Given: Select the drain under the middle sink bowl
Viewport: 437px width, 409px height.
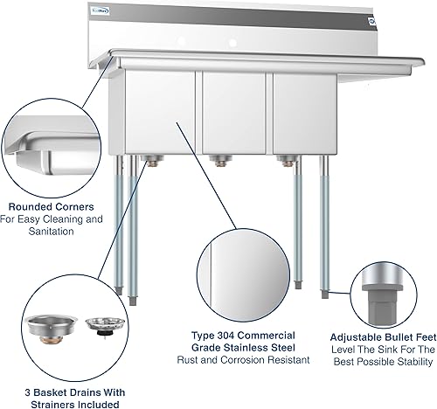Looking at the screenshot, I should pos(218,159).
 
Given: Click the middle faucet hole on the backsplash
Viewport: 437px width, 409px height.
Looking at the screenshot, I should pos(233,40).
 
